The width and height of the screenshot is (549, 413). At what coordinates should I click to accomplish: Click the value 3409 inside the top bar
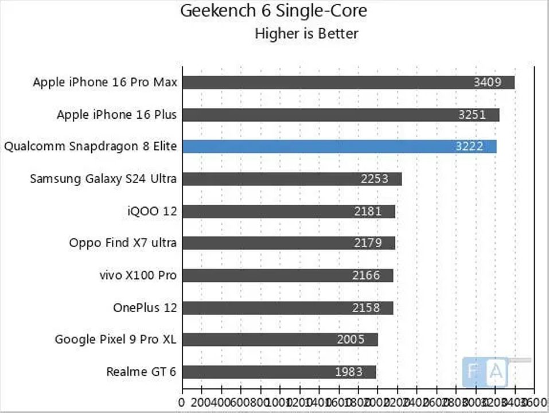487,82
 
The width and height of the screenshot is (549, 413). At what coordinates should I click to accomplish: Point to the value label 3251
472,115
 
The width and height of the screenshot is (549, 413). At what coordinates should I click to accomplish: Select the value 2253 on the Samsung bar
374,179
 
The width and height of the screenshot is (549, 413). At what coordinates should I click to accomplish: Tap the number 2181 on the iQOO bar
368,211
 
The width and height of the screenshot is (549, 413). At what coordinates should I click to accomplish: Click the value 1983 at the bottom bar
348,372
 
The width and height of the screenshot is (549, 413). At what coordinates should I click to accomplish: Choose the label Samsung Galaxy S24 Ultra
103,179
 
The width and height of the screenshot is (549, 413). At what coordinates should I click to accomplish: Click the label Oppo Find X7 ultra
123,243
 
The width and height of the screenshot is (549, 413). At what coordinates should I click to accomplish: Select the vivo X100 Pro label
138,275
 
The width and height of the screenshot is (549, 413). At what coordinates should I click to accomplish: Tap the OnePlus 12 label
145,307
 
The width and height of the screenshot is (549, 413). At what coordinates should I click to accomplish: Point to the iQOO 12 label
152,211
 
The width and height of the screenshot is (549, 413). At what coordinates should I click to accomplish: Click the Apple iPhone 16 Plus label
116,115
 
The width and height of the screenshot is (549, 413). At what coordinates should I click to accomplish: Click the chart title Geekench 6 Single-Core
274,11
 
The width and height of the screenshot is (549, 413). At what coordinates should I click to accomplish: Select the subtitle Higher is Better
306,33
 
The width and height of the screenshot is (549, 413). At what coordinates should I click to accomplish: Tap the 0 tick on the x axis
182,402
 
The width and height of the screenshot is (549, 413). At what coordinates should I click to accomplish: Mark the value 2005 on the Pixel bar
351,340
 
